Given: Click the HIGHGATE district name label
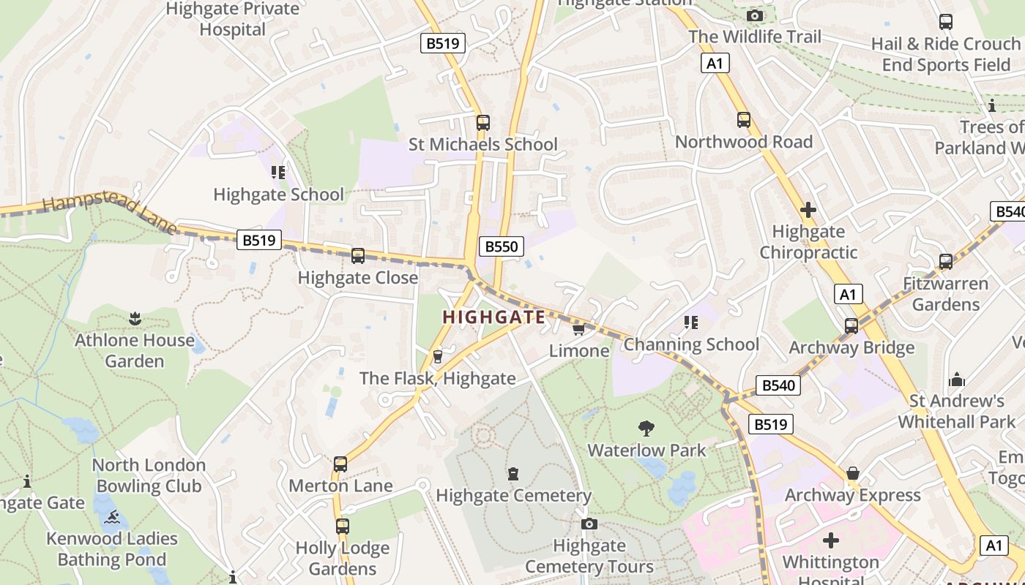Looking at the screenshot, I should click(494, 317).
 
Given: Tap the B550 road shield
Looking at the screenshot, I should click(502, 246).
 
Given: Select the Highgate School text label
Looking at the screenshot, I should click(278, 195).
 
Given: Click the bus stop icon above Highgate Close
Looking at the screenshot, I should click(358, 256).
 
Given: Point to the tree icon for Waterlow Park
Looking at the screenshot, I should click(646, 429).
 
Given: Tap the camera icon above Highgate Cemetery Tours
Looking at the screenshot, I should click(589, 524).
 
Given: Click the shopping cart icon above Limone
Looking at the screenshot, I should click(578, 330).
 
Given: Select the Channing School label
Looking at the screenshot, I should click(691, 344).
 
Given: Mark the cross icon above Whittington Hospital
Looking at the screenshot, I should click(831, 540).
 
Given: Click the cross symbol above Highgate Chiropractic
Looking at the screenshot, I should click(808, 211).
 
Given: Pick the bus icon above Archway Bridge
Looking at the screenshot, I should click(851, 326).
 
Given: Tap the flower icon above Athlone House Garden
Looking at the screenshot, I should click(135, 319).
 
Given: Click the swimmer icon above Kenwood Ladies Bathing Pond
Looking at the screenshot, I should click(111, 518).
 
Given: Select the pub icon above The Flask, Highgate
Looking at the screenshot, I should click(438, 357).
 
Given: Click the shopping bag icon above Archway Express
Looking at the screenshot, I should click(853, 474).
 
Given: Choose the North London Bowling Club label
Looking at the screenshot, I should click(149, 475).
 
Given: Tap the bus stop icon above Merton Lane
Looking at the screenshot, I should click(340, 464).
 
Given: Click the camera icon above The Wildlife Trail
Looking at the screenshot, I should click(754, 15).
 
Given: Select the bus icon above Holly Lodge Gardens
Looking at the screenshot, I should click(343, 526).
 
